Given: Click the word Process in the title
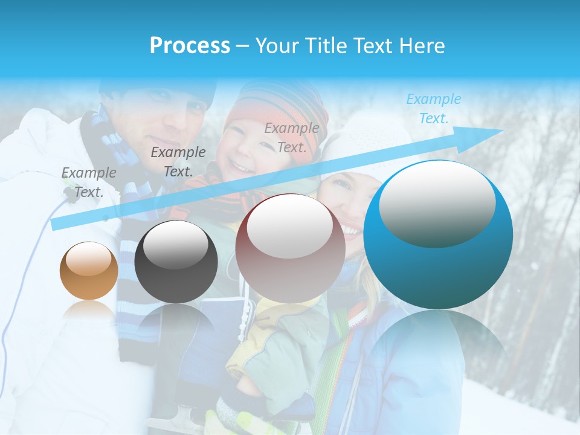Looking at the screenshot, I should pyautogui.click(x=190, y=46).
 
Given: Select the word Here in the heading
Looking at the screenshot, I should pyautogui.click(x=422, y=46).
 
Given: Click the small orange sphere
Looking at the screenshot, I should pyautogui.click(x=89, y=271).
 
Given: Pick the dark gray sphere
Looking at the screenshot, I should pyautogui.click(x=176, y=262).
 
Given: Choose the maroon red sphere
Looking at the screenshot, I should pyautogui.click(x=290, y=249).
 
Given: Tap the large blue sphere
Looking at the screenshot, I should pyautogui.click(x=438, y=266).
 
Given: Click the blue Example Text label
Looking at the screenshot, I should pyautogui.click(x=433, y=109).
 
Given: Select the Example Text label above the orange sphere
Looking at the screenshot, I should pyautogui.click(x=89, y=182).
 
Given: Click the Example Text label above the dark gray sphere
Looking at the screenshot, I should pyautogui.click(x=178, y=161).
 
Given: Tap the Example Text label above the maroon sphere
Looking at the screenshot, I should pyautogui.click(x=292, y=137).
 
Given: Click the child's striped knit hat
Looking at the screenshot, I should pyautogui.click(x=278, y=109).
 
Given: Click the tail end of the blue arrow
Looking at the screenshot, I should pyautogui.click(x=57, y=224).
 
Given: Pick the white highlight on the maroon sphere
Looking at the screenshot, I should pyautogui.click(x=290, y=227).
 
